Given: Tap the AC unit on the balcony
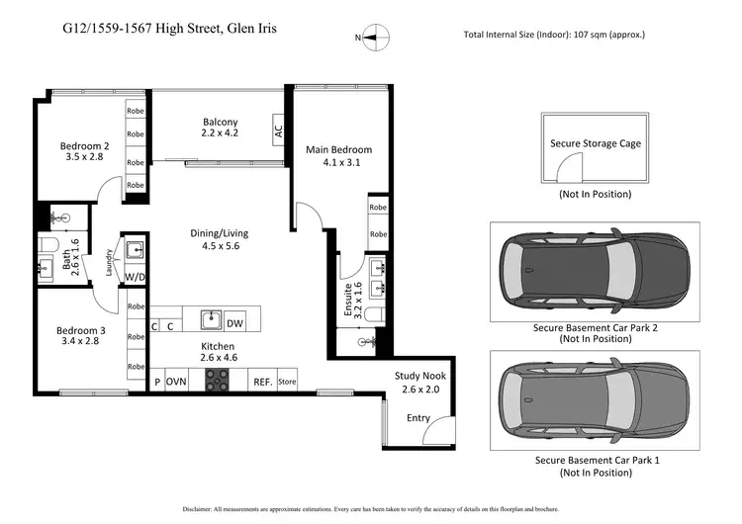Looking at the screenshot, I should pyautogui.click(x=279, y=128).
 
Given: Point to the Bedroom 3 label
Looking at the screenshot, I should pyautogui.click(x=80, y=336).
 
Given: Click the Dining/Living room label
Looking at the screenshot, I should pyautogui.click(x=219, y=240).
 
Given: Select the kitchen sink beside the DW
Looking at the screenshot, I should pyautogui.click(x=209, y=319).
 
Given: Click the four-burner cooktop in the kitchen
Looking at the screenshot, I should pyautogui.click(x=217, y=380).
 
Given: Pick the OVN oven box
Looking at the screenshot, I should pyautogui.click(x=177, y=381).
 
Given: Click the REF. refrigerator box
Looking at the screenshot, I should pyautogui.click(x=262, y=381).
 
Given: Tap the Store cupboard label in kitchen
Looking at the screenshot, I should pyautogui.click(x=287, y=381).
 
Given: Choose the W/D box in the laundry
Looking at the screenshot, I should pyautogui.click(x=135, y=278).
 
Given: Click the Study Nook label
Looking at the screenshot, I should pyautogui.click(x=419, y=383).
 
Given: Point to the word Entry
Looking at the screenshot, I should pyautogui.click(x=417, y=418).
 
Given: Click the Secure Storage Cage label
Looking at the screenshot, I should pyautogui.click(x=595, y=143).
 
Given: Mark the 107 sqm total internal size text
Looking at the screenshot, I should pyautogui.click(x=554, y=35).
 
